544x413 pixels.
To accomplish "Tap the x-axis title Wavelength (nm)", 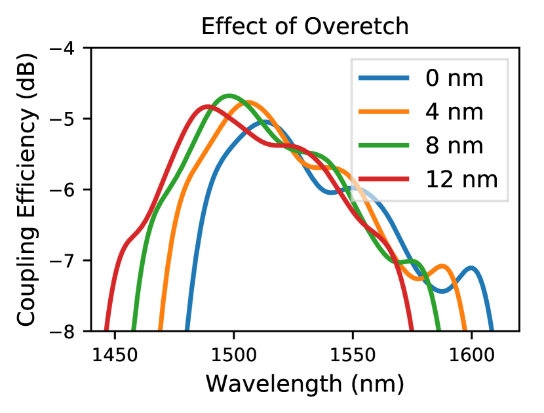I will click(305, 383).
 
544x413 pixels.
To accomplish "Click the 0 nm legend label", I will click(454, 79).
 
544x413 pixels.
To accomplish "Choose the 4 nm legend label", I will click(454, 112).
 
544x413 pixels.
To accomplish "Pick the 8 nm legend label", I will click(454, 145).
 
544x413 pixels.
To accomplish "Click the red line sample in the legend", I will click(385, 178).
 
